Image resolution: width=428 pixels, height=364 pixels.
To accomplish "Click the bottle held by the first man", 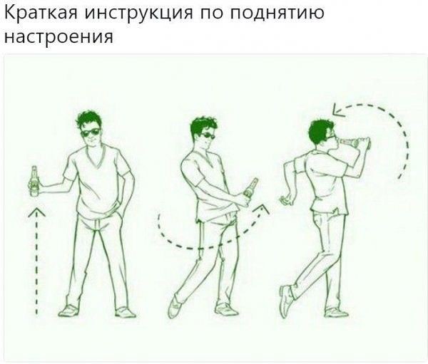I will click(34, 181).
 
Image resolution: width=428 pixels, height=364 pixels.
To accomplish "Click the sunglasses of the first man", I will click(91, 132).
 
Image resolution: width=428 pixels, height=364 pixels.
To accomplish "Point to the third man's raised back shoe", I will click(286, 299).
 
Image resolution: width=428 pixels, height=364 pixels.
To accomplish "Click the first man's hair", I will click(89, 118).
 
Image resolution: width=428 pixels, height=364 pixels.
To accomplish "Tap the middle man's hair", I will click(200, 125).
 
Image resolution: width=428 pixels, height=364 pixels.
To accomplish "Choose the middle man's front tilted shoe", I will click(175, 304).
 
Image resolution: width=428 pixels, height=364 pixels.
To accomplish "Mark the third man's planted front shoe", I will click(336, 311).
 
